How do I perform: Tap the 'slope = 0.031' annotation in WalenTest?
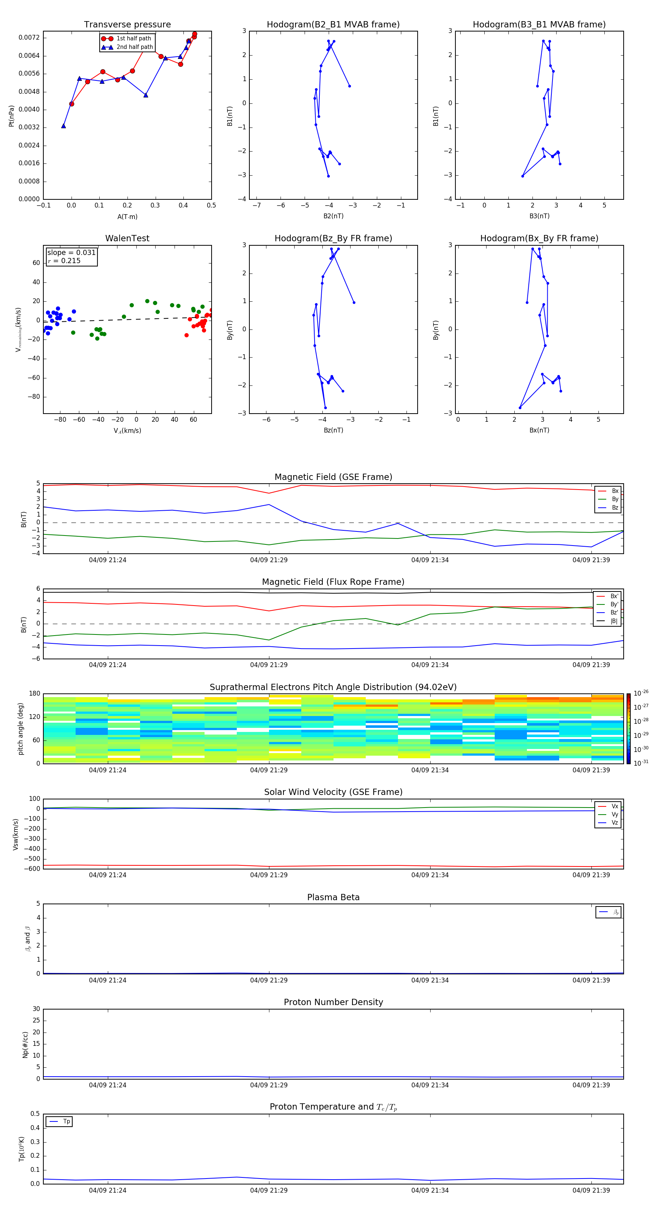click(x=71, y=253)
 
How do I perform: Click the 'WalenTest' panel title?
click(x=127, y=238)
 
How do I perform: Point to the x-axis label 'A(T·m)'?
click(x=127, y=217)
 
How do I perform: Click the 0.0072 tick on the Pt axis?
click(x=29, y=37)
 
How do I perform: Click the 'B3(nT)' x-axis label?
click(x=539, y=216)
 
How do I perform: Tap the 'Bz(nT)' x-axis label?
click(x=333, y=430)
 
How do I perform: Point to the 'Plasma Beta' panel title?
click(x=333, y=897)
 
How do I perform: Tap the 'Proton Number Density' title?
click(x=333, y=1002)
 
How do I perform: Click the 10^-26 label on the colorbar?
click(x=641, y=693)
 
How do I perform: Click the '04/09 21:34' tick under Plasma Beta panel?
click(x=429, y=980)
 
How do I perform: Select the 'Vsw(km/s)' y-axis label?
click(x=16, y=834)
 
